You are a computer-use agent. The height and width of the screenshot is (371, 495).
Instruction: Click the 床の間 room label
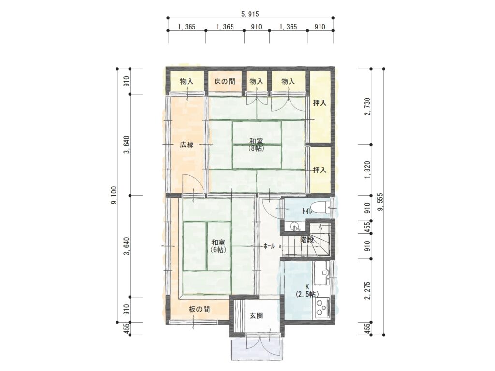[225, 81]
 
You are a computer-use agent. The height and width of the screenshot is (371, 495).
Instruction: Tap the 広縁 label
[187, 145]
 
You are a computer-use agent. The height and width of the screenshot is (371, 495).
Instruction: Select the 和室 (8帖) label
[256, 144]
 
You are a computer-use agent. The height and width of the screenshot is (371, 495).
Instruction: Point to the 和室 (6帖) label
[218, 246]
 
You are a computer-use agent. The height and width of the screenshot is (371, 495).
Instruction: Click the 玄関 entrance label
[256, 315]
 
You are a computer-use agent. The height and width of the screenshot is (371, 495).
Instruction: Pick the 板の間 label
[200, 309]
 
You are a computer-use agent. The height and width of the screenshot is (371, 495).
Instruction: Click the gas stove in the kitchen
[321, 308]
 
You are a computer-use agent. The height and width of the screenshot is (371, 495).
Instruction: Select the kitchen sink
[322, 271]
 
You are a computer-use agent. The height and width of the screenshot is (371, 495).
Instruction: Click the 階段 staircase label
[307, 240]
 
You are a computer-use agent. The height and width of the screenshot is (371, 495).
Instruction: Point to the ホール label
[269, 246]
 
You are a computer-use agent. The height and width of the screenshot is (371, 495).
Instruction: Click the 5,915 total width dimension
[250, 14]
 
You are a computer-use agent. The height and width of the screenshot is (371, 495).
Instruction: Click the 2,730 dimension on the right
[367, 107]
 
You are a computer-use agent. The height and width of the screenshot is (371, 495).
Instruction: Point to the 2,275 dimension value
[367, 290]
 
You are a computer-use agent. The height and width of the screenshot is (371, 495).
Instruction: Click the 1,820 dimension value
[367, 171]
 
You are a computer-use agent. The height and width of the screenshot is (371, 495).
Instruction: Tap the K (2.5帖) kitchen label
[307, 290]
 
